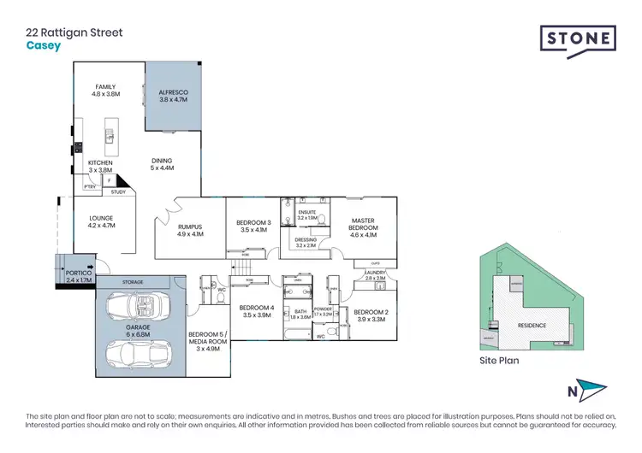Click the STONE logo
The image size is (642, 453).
pos(578,39)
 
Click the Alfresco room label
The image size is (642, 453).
pos(174,96)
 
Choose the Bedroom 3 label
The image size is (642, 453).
pos(253,226)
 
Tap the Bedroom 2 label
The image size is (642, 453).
pos(371,315)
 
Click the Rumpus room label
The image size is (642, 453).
pos(190,230)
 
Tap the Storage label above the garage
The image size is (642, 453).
pos(132,281)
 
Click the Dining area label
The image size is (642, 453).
pos(163,164)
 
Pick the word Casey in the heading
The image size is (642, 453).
pos(44,46)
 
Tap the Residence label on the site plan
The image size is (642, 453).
pos(532,325)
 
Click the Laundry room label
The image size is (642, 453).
pos(376,276)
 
